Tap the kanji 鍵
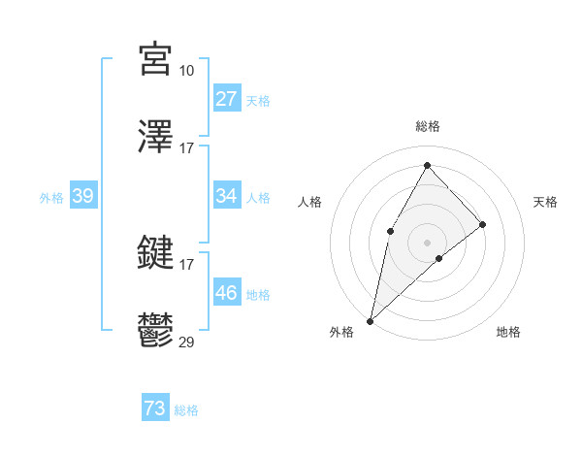[156, 253]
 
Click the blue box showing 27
[227, 99]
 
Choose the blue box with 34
[227, 196]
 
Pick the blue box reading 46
[227, 293]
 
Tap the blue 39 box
[83, 196]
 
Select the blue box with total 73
[155, 408]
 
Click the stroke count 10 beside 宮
[186, 70]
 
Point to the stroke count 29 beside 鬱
[186, 342]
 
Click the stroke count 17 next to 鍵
[186, 264]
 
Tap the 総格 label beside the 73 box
[186, 410]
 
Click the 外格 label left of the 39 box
[51, 197]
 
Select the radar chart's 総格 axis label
[427, 126]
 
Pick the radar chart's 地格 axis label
[508, 332]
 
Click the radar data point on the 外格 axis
[370, 320]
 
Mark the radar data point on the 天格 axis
[482, 224]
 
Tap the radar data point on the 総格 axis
[427, 165]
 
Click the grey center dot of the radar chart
[427, 242]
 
